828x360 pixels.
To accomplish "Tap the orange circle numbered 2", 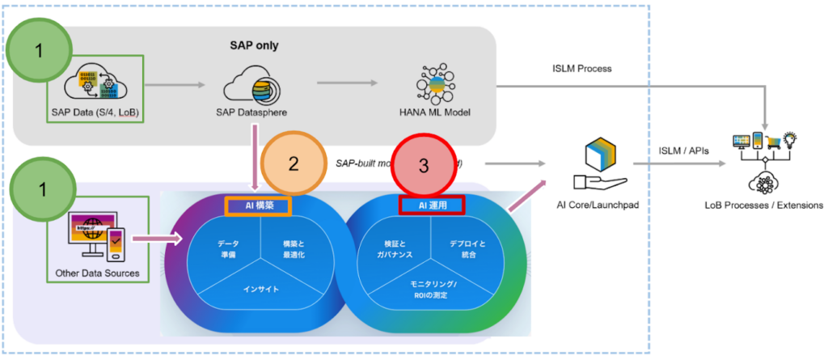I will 294,163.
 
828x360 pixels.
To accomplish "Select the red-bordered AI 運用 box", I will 431,205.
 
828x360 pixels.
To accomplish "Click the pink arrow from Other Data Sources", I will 154,239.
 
